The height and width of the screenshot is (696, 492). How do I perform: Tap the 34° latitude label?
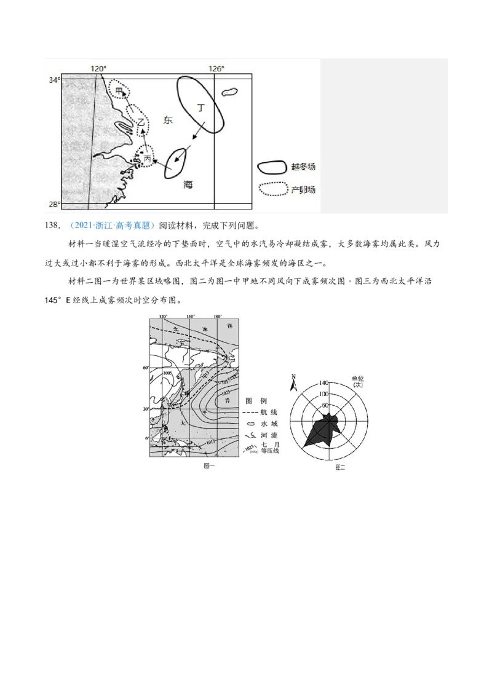[x=54, y=80]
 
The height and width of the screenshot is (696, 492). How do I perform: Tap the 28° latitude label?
[x=54, y=204]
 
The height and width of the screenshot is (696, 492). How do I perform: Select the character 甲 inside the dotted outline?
[x=119, y=90]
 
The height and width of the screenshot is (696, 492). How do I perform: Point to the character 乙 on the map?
[x=141, y=122]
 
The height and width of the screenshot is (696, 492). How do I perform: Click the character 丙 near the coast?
[x=148, y=159]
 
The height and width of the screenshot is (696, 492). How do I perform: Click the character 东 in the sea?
[x=168, y=121]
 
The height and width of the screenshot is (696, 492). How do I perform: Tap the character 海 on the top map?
[x=188, y=184]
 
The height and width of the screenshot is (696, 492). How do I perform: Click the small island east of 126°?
[x=229, y=92]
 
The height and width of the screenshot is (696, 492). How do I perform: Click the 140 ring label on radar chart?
[x=324, y=382]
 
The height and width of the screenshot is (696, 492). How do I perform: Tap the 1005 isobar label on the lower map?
[x=167, y=373]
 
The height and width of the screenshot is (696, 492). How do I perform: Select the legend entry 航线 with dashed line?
[x=262, y=412]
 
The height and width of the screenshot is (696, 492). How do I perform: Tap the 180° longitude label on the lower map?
[x=217, y=317]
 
